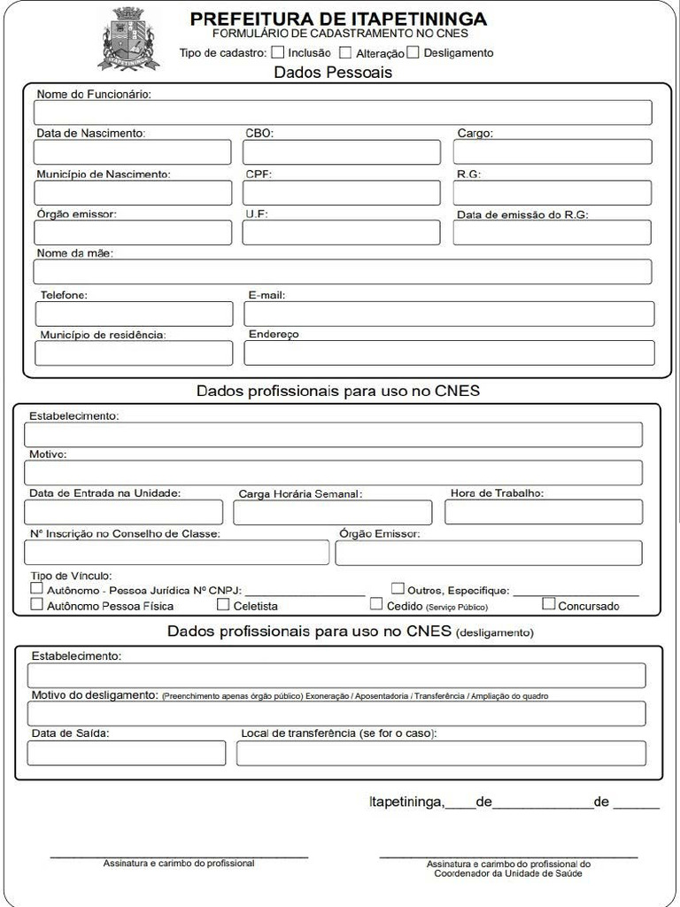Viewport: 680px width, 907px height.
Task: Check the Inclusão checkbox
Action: click(x=278, y=52)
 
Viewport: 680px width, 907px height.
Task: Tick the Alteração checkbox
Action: click(x=345, y=53)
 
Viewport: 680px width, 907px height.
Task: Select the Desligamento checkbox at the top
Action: click(x=413, y=52)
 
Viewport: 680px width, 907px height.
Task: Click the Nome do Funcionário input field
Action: click(x=343, y=112)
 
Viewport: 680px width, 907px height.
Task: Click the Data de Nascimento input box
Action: click(x=133, y=152)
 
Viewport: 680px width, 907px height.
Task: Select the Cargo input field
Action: click(x=552, y=152)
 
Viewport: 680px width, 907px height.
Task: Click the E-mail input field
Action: click(x=449, y=314)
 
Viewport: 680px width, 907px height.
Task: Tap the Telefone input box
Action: click(x=134, y=314)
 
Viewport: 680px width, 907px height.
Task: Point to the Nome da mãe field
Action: click(x=343, y=272)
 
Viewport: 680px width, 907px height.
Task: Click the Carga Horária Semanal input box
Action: click(x=333, y=513)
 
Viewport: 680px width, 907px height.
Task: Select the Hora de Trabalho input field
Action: click(x=544, y=512)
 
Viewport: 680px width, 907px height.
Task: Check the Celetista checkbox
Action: click(x=224, y=605)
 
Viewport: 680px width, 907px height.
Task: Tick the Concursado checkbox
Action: click(x=549, y=604)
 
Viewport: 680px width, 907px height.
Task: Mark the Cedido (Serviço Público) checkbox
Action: click(x=377, y=604)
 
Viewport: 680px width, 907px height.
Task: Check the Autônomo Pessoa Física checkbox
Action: click(x=37, y=605)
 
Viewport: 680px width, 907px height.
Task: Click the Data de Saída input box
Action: click(x=127, y=753)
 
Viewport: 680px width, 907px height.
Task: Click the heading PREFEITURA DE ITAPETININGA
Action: click(x=339, y=19)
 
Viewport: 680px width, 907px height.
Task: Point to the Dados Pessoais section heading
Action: click(x=333, y=73)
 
